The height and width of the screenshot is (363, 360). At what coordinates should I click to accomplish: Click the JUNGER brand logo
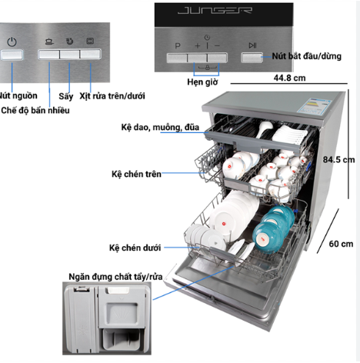(x=215, y=11)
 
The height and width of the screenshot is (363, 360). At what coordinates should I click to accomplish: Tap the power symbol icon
(x=12, y=42)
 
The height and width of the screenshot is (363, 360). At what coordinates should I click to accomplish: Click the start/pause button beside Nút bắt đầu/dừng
(x=252, y=58)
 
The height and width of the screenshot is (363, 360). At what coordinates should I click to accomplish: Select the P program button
(x=177, y=58)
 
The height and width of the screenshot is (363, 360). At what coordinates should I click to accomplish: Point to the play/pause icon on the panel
(x=252, y=45)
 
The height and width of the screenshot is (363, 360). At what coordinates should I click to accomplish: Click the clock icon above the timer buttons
(x=207, y=38)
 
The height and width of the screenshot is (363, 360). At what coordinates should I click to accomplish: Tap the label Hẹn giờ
(x=202, y=82)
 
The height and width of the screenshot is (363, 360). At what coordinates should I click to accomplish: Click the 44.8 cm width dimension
(x=289, y=78)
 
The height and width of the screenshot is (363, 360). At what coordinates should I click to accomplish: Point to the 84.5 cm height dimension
(x=338, y=160)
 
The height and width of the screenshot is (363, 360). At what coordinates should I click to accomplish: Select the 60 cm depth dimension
(x=341, y=244)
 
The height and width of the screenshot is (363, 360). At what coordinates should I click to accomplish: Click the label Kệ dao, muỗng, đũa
(x=160, y=128)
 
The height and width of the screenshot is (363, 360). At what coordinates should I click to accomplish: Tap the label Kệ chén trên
(x=136, y=174)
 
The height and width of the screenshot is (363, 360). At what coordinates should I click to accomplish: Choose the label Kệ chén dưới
(x=135, y=248)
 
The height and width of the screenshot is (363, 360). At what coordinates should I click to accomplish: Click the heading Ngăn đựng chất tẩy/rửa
(x=115, y=277)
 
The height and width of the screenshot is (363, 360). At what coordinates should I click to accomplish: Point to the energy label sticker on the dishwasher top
(x=314, y=106)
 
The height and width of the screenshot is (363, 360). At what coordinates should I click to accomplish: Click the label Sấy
(x=66, y=96)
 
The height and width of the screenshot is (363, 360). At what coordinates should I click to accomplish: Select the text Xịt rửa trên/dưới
(x=112, y=96)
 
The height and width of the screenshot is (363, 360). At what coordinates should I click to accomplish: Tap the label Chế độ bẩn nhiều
(x=35, y=111)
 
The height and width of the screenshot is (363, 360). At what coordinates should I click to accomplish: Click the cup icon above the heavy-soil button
(x=49, y=41)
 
